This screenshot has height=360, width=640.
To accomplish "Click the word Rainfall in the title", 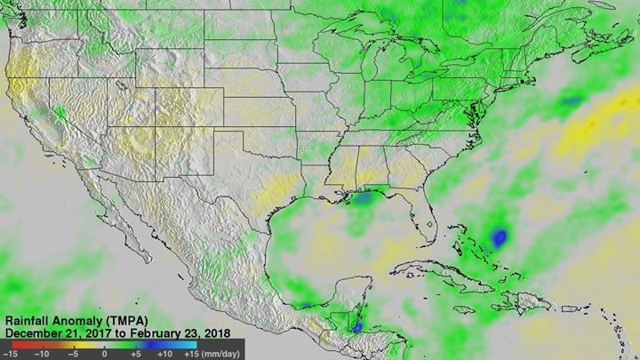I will pyautogui.click(x=28, y=318).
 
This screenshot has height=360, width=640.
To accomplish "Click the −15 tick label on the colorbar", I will pyautogui.click(x=11, y=353).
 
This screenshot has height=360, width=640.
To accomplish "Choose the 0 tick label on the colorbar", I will pyautogui.click(x=104, y=353).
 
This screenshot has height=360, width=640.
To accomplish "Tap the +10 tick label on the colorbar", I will pyautogui.click(x=164, y=353).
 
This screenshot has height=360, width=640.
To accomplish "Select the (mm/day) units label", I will pyautogui.click(x=221, y=353).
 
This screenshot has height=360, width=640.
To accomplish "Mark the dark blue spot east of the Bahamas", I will pyautogui.click(x=500, y=237).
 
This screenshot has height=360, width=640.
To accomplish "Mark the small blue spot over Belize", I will pyautogui.click(x=356, y=327).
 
